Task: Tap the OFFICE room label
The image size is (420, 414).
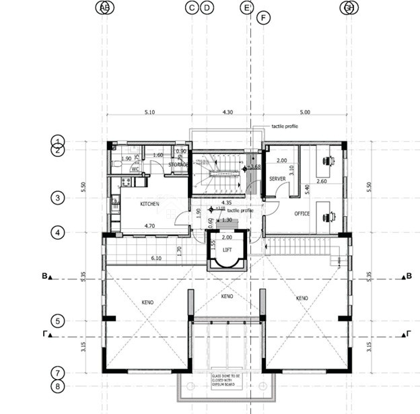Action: [x=302, y=214]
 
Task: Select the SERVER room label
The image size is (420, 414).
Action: [x=278, y=179]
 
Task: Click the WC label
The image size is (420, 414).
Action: [x=135, y=169]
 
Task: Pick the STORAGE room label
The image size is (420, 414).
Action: [x=179, y=164]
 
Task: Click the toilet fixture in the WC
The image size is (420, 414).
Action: [x=118, y=163]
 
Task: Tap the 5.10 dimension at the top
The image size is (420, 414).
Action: [x=149, y=112]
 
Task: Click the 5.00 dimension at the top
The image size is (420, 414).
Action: [x=305, y=112]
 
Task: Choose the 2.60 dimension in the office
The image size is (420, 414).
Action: [x=322, y=182]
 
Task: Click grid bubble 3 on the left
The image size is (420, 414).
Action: [x=59, y=198]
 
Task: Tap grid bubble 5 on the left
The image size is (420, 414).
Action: [x=59, y=321]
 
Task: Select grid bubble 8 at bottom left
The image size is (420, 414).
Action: [x=59, y=386]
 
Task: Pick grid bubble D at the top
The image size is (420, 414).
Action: [x=207, y=7]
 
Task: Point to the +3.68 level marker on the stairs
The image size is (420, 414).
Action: [x=253, y=166]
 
